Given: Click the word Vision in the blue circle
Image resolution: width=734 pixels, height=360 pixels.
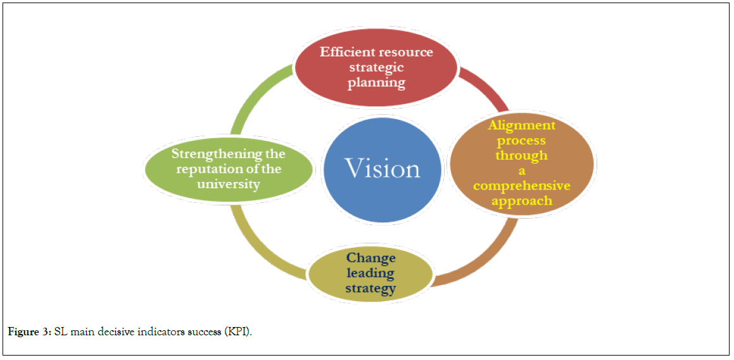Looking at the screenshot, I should (382, 169).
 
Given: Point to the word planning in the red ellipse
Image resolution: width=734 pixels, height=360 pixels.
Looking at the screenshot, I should (376, 83).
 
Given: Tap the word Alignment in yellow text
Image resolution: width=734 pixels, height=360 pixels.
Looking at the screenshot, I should (521, 125).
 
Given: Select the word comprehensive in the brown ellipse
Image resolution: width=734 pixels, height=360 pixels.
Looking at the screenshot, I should (521, 186).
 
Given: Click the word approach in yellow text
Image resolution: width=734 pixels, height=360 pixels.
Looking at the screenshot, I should (521, 200).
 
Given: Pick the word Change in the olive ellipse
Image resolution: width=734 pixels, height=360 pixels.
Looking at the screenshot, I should (370, 258).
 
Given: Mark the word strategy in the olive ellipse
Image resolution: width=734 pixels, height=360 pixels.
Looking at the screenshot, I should (370, 288).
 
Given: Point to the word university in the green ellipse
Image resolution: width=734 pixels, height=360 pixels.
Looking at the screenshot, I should (229, 184).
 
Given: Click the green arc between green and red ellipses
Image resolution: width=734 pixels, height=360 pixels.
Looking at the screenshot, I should (253, 95).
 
